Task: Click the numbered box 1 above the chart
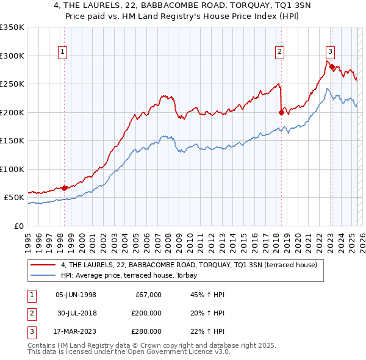click(63, 52)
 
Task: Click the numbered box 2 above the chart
click(279, 52)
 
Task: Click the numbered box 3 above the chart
click(330, 52)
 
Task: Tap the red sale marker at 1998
click(64, 188)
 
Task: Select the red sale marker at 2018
click(281, 112)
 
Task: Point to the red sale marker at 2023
click(332, 67)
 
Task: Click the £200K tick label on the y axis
click(12, 112)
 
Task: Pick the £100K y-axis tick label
click(12, 169)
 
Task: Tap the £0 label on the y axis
click(18, 226)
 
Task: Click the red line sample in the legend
click(43, 265)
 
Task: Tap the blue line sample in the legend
click(43, 276)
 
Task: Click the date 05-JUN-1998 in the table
click(76, 295)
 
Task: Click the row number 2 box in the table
click(30, 313)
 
